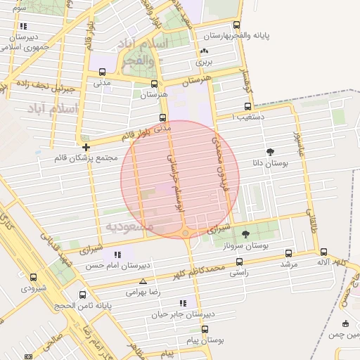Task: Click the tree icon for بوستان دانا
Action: coord(271,151)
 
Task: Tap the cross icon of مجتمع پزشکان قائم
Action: coord(86,147)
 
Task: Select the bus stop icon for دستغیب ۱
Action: coord(247,107)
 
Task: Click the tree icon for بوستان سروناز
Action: coord(245,234)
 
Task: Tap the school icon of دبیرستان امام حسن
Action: coord(117,255)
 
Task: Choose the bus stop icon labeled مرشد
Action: coord(288,253)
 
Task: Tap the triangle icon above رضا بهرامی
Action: coord(143,281)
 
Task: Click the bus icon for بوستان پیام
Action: coord(205,329)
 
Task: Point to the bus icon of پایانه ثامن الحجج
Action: coord(83,295)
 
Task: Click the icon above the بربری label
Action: coord(205,51)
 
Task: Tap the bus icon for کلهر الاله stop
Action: coord(323,252)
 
